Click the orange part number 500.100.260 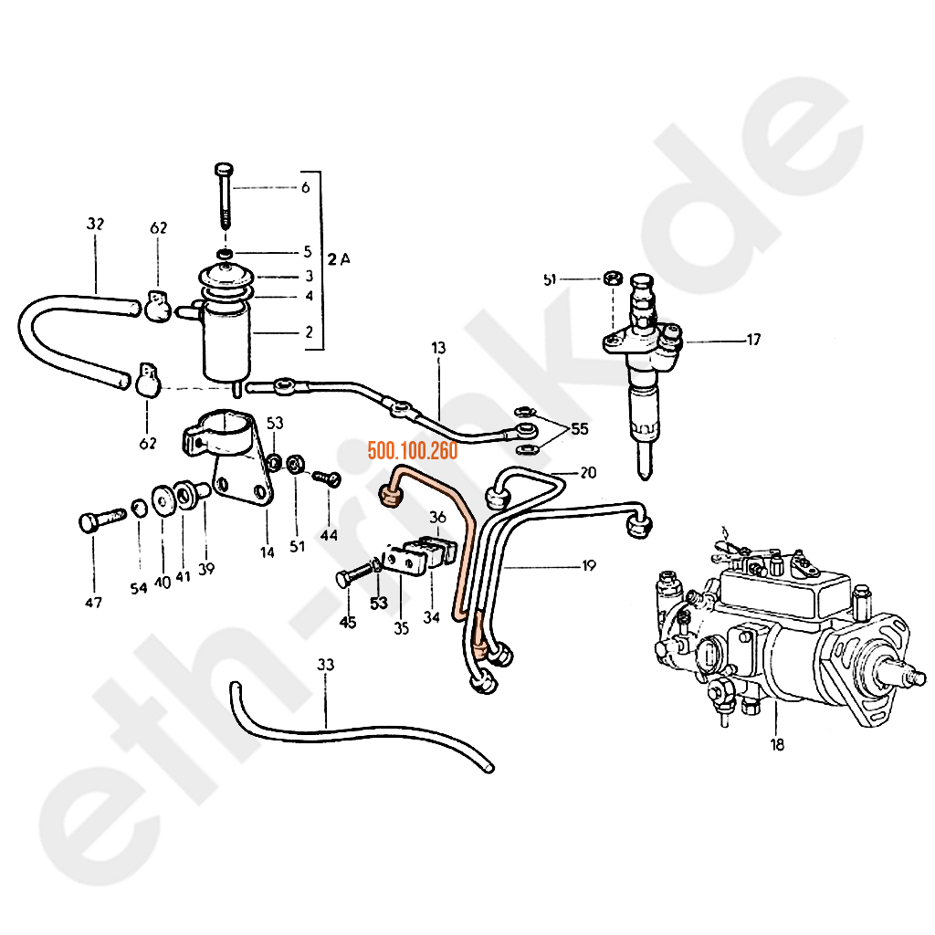pos(412,450)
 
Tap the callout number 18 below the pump pos(776,745)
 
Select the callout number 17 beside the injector pos(753,341)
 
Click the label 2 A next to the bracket pos(339,260)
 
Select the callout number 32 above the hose pos(96,224)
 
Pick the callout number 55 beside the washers pos(579,428)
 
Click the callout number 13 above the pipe pos(438,348)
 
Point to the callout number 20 pos(588,472)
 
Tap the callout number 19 pos(588,566)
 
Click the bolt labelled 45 pos(352,577)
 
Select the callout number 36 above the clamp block pos(437,517)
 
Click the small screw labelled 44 pos(327,477)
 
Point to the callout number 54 pos(138,589)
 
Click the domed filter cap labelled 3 pos(223,274)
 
